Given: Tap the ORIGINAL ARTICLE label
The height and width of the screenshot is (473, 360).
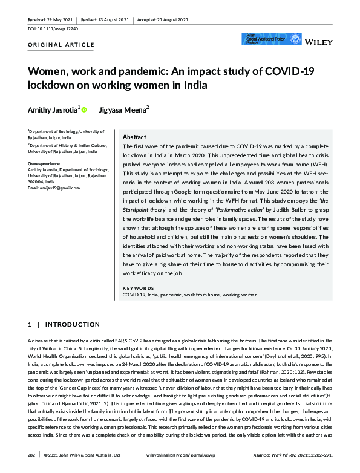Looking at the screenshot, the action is pos(61,45).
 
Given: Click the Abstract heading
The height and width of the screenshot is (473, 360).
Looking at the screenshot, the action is pos(135,137).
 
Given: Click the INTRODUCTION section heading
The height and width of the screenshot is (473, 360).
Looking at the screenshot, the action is pos(72,325).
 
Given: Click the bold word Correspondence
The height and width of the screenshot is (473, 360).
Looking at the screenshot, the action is pos(45,163).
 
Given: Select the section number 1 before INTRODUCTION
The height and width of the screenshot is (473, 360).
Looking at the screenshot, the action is pos(30,325).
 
